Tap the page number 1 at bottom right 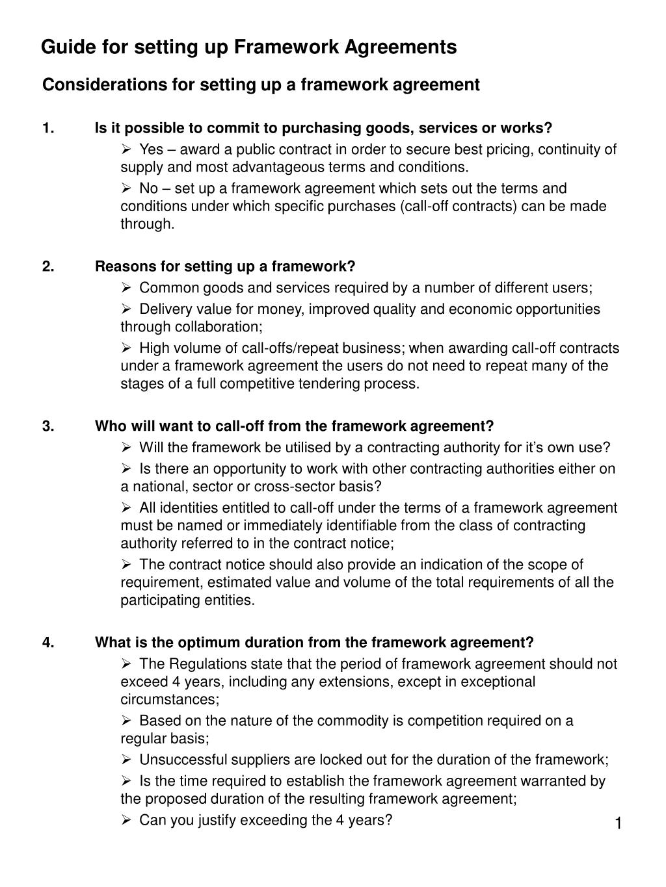tap(619, 824)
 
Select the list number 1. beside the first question tap(48, 129)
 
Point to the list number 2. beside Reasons tap(49, 267)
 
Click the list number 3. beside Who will tap(49, 426)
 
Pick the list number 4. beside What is tap(49, 643)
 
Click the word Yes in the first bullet tap(152, 150)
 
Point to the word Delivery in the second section tap(166, 309)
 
